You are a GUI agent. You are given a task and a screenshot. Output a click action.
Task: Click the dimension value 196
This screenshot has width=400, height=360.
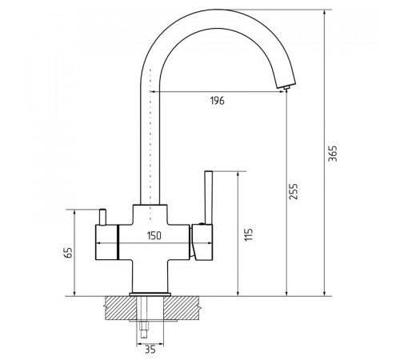pos(218,101)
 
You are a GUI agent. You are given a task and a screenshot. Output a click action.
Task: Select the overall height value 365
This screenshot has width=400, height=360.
pos(333,154)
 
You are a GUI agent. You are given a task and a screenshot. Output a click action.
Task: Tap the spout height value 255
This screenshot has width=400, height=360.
pos(294,191)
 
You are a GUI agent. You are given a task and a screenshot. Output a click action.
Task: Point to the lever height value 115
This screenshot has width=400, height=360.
pos(248,234)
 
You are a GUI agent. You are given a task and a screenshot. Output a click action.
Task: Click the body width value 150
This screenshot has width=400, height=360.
pos(154,236)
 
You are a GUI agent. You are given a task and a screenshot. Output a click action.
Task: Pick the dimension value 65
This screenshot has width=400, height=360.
pos(68,253)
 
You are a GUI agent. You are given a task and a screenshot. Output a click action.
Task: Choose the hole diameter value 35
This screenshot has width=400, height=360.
pos(150,350)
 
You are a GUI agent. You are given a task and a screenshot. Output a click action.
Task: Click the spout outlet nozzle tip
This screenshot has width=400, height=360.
pos(286,88)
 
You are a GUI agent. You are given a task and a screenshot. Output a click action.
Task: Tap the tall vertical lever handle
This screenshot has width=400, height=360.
pos(208,198)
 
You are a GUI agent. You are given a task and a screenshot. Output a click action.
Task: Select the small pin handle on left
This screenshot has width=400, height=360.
pos(102,217)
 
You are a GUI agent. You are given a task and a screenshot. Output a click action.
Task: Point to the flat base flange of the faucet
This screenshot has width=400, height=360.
pos(150,294)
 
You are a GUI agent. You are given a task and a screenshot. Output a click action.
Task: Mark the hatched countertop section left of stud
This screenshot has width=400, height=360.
pos(121,308)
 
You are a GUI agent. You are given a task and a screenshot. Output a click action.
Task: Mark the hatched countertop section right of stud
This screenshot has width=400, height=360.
pos(181,308)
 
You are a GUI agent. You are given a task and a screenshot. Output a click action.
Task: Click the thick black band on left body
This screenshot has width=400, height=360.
pos(117,242)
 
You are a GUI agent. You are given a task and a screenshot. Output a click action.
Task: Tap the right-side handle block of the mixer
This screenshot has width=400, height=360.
pos(202,242)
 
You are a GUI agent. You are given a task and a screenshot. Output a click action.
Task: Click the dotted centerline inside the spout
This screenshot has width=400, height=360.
pos(150,144)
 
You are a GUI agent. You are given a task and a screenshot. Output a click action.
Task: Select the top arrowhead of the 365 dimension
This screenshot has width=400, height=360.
pos(325,13)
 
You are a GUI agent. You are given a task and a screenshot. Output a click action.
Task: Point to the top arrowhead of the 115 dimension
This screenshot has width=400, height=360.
pos(238,174)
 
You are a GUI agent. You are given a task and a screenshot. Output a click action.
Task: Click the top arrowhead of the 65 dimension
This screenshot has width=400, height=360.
pos(74,213)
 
